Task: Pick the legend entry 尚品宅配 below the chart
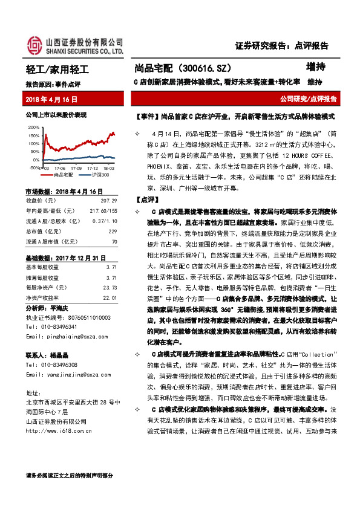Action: coord(62,174)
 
